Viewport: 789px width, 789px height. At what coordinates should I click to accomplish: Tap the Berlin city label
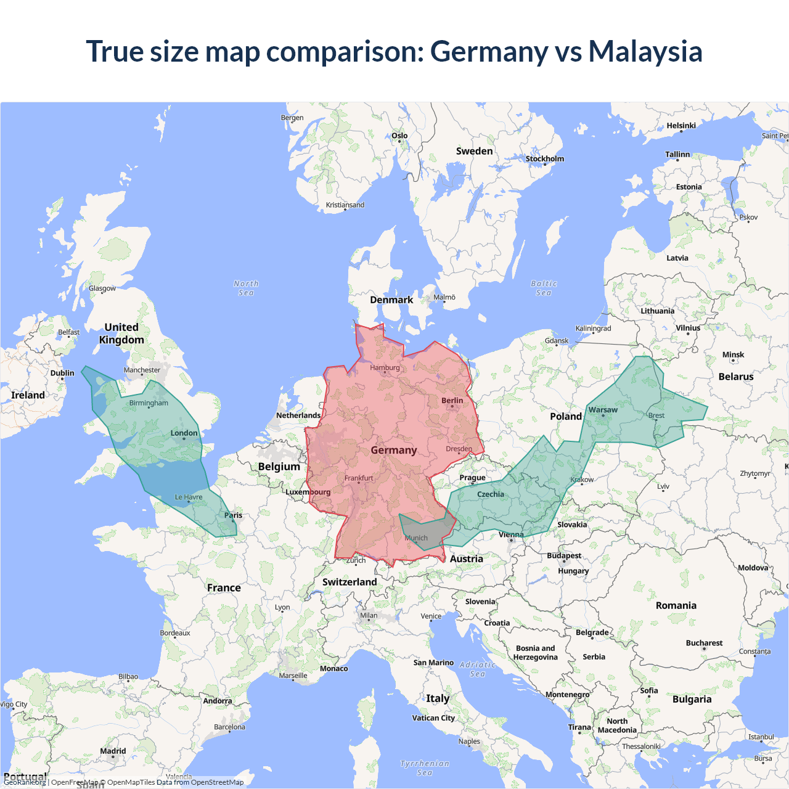click(452, 401)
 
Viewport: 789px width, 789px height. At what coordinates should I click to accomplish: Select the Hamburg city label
click(385, 368)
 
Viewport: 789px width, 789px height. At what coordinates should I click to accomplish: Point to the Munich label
click(416, 538)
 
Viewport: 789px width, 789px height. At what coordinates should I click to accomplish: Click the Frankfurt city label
click(359, 478)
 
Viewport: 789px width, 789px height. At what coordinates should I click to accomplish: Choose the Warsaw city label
click(603, 410)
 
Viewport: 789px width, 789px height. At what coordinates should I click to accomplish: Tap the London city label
click(184, 433)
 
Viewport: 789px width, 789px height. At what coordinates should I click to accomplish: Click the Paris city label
click(233, 515)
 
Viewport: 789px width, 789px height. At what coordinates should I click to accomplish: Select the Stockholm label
click(545, 159)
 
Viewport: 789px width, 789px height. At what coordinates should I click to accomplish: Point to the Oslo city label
click(399, 136)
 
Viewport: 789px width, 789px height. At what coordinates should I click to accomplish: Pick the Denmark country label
click(391, 300)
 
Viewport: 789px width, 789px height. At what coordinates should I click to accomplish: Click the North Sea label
click(246, 288)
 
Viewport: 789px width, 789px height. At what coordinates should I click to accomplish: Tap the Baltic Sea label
click(544, 288)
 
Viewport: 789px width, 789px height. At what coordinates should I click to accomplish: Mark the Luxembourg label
click(308, 492)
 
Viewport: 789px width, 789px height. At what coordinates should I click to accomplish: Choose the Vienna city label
click(511, 534)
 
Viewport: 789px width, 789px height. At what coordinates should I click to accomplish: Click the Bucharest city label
click(704, 643)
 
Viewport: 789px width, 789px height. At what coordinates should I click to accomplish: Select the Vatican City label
click(433, 717)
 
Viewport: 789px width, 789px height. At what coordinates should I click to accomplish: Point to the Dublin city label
click(62, 373)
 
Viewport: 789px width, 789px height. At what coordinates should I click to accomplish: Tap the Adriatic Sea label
click(478, 669)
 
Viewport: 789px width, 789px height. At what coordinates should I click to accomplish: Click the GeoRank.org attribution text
click(25, 782)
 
